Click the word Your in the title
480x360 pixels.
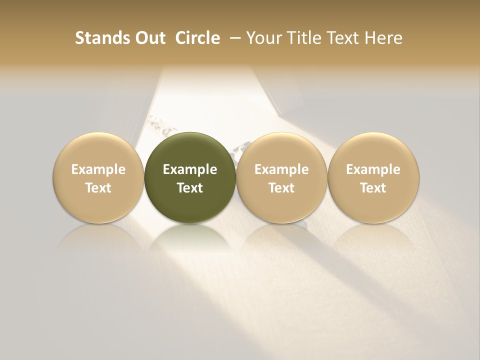point(263,38)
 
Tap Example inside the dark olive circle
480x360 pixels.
point(190,169)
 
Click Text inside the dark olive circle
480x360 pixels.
point(190,188)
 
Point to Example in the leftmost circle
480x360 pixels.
point(98,169)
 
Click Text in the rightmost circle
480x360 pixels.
point(373,188)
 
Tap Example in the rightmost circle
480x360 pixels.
point(373,169)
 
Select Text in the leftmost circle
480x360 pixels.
point(98,188)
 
